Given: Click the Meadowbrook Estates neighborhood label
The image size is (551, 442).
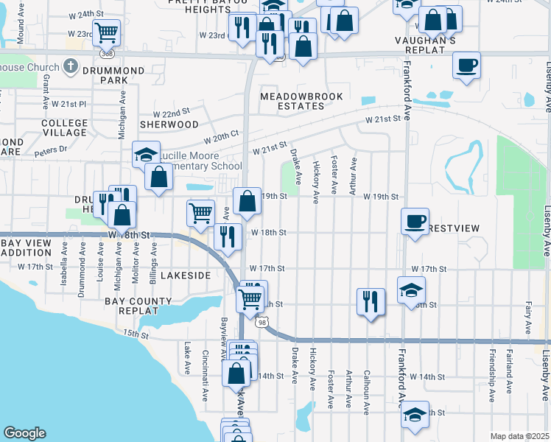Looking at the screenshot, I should [x=292, y=101].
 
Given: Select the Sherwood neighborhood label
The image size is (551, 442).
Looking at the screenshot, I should [x=169, y=124].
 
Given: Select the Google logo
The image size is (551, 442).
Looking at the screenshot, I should [x=24, y=433].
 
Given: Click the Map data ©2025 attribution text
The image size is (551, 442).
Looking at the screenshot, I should [x=519, y=436].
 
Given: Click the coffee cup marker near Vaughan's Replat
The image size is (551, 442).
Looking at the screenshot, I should [x=466, y=65].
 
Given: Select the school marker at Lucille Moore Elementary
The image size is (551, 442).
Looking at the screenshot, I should [x=146, y=155].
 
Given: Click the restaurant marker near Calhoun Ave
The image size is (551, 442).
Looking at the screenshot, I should [x=370, y=301].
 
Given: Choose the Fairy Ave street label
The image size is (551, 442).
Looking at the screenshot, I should [x=528, y=316].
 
